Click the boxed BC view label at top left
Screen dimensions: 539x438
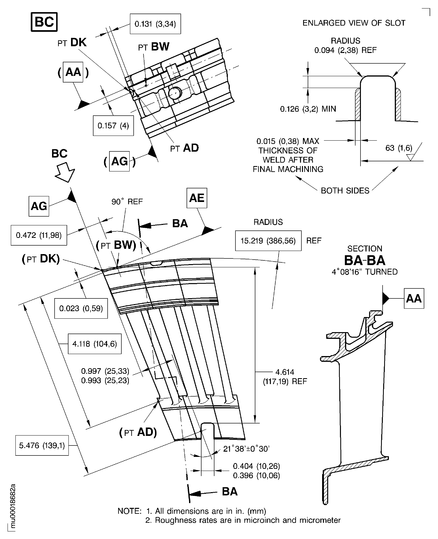point(44,22)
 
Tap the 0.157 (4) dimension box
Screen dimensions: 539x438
point(113,126)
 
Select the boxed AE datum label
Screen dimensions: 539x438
point(197,198)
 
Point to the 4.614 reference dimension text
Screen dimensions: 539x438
point(285,377)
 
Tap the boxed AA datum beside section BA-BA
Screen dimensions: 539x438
point(414,299)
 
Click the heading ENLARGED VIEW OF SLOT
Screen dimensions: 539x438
point(354,23)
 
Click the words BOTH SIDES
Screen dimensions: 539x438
point(345,190)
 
